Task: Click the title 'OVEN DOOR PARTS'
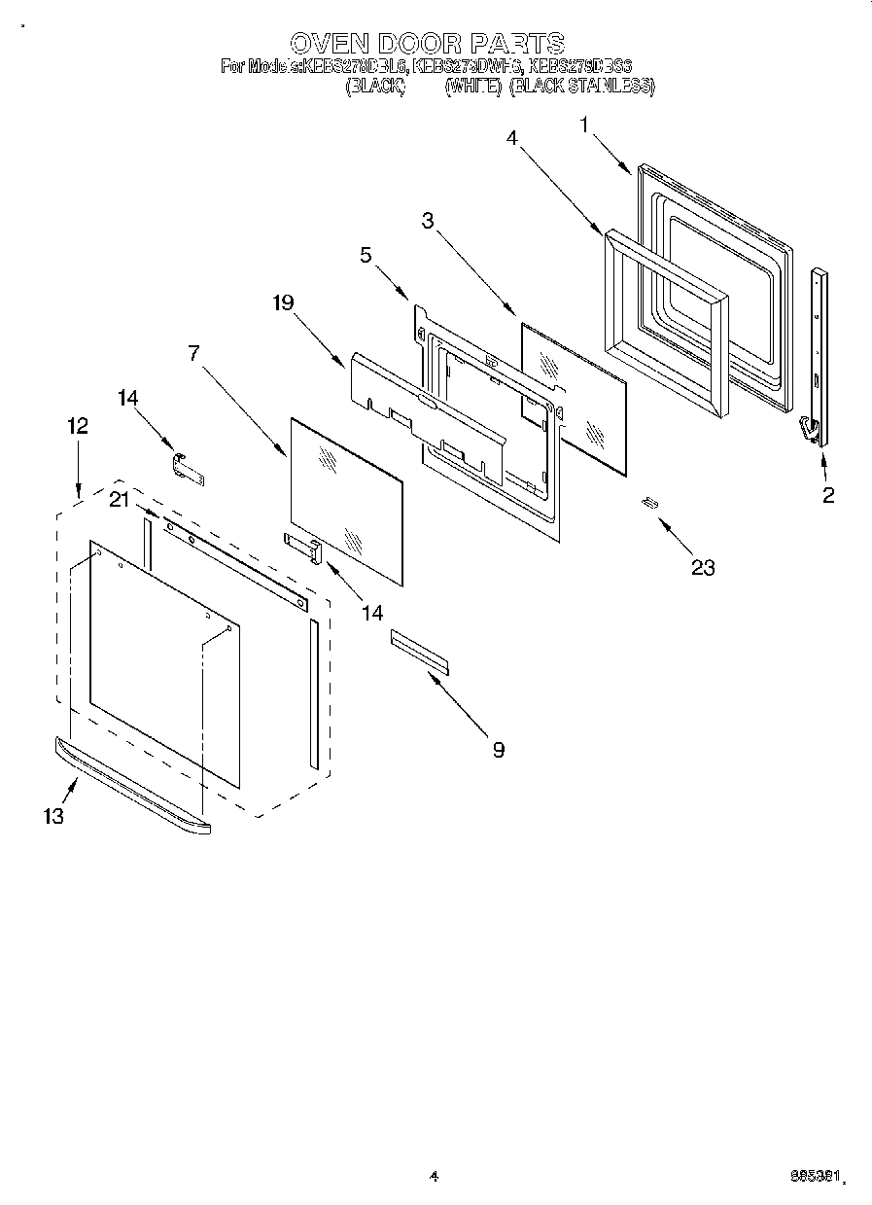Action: click(x=428, y=43)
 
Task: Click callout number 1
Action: click(x=584, y=124)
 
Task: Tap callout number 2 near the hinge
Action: click(x=827, y=495)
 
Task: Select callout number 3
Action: click(x=427, y=221)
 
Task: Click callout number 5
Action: click(x=366, y=256)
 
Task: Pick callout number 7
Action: click(x=194, y=353)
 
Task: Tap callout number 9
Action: click(x=498, y=749)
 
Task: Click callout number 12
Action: click(x=78, y=425)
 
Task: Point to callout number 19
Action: click(x=283, y=302)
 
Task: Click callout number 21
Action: click(x=119, y=499)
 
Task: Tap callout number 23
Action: click(x=702, y=567)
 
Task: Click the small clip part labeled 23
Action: click(x=648, y=502)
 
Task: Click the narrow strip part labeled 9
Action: click(x=421, y=650)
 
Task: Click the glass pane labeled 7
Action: click(x=346, y=501)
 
